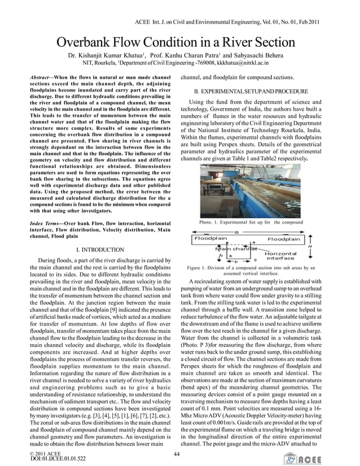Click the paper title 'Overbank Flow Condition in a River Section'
point(175,42)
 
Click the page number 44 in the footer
point(177,454)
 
